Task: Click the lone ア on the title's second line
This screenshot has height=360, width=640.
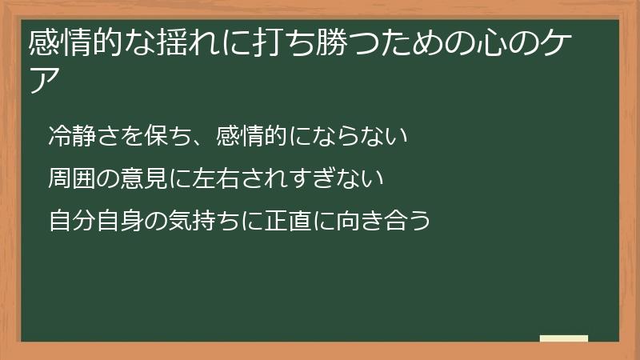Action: click(42, 79)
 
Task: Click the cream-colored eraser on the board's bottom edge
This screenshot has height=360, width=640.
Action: click(563, 338)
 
